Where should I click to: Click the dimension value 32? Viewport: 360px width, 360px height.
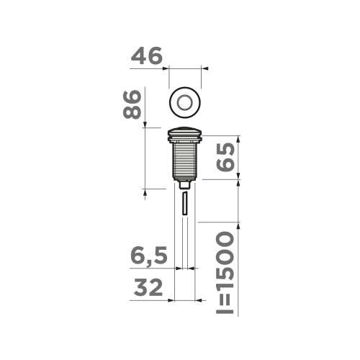click(x=148, y=287)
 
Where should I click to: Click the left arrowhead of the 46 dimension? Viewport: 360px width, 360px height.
click(x=169, y=69)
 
